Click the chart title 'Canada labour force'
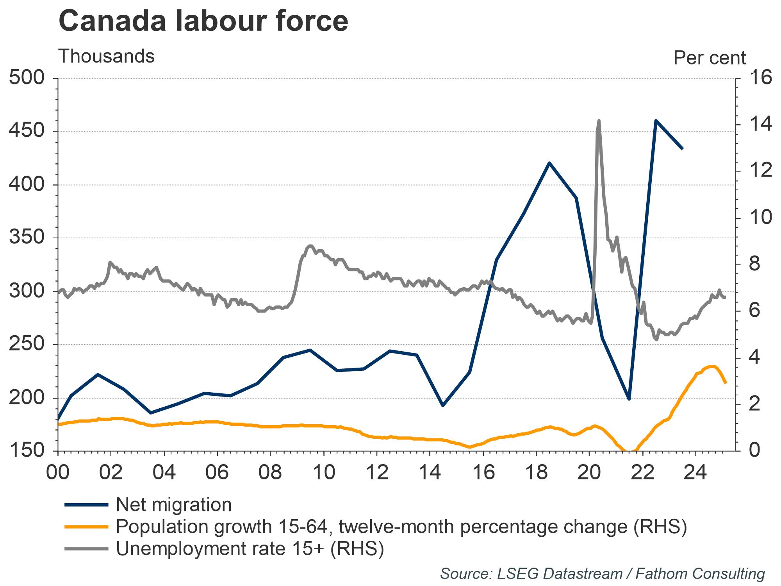203,21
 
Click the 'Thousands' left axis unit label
106,57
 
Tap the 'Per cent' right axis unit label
710,58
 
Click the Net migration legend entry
174,505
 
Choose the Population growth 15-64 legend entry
401,527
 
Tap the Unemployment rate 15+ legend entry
250,549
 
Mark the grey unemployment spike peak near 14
599,121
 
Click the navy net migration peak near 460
656,121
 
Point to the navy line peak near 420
549,163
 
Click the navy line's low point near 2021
629,399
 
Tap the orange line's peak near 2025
713,366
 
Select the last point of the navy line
682,149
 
